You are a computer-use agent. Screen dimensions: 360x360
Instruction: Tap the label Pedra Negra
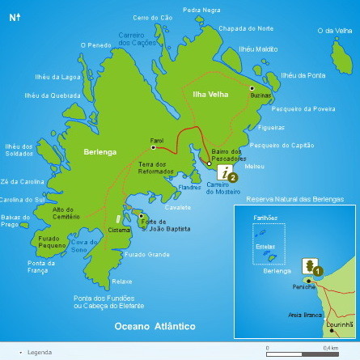(x=201, y=10)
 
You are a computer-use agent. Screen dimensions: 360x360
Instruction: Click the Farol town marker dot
(x=152, y=147)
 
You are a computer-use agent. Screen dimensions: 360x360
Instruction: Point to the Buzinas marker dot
(x=252, y=87)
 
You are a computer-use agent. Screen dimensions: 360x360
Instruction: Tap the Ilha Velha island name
(x=210, y=95)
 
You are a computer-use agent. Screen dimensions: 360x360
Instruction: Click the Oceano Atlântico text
(x=155, y=326)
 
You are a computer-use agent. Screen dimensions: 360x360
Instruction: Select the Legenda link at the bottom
(x=39, y=353)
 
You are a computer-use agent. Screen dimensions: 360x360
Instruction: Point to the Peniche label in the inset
(x=304, y=287)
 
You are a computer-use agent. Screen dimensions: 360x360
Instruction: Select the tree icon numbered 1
(x=309, y=266)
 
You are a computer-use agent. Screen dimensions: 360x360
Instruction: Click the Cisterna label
(x=119, y=231)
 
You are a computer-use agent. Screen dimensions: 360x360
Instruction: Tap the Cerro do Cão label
(x=153, y=17)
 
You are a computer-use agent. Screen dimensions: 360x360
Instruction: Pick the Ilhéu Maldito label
(x=258, y=49)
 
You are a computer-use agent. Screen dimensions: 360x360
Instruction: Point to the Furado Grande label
(x=147, y=255)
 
